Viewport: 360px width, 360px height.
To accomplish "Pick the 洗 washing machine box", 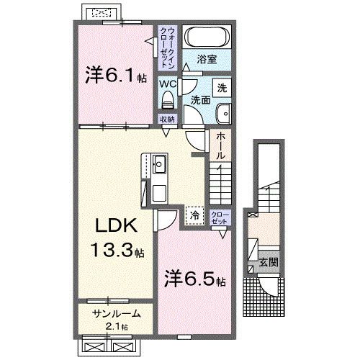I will pyautogui.click(x=222, y=87).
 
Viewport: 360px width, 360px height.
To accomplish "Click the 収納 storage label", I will pyautogui.click(x=167, y=120).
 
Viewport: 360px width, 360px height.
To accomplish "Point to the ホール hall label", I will pyautogui.click(x=220, y=146).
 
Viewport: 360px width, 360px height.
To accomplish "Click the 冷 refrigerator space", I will pyautogui.click(x=194, y=215).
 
